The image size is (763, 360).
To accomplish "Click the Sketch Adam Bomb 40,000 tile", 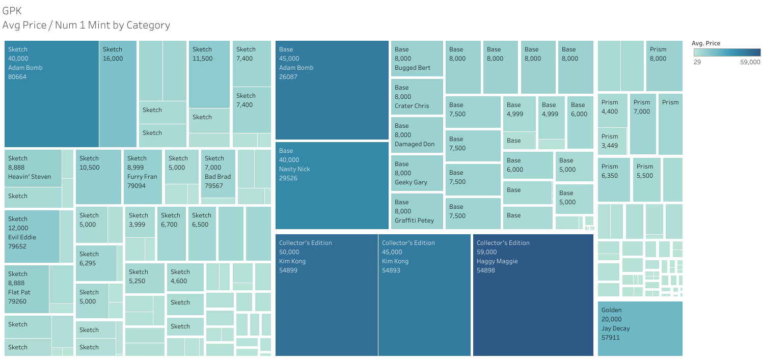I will click(51, 94).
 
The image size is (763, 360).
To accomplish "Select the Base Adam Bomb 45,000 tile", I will click(332, 90).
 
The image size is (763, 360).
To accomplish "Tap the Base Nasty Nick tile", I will click(332, 185).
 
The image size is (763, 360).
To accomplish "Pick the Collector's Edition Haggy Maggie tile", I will click(533, 295).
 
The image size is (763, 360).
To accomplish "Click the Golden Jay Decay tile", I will click(639, 328).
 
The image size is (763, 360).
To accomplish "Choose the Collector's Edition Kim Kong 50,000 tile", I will click(326, 295).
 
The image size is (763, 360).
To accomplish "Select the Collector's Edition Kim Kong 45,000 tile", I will click(424, 295).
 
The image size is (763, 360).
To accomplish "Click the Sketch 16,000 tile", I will click(118, 94).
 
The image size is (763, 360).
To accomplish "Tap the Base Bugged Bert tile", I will click(417, 59).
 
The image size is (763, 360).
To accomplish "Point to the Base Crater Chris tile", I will click(417, 97).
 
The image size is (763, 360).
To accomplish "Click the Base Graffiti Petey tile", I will click(417, 211).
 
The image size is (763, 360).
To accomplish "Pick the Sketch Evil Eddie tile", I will click(32, 236).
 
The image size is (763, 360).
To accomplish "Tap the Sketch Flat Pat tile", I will click(26, 289).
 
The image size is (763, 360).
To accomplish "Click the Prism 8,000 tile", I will click(664, 66).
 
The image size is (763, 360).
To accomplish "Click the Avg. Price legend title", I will click(705, 43).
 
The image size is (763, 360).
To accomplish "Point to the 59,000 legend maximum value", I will click(750, 62).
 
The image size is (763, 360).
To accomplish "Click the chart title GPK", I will click(12, 10).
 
